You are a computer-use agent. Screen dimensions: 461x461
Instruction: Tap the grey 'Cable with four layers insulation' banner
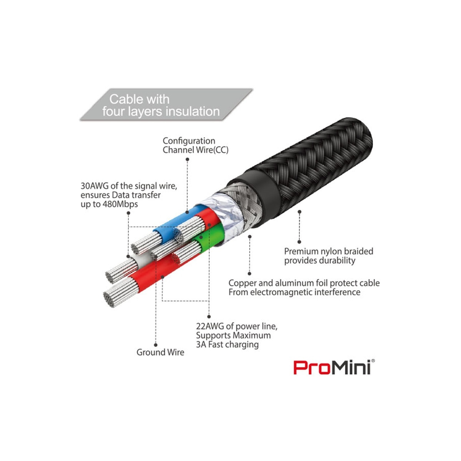(x=166, y=104)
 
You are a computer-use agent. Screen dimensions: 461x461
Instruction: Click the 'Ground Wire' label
(x=160, y=352)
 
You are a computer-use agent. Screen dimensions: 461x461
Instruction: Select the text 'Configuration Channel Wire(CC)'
(x=196, y=145)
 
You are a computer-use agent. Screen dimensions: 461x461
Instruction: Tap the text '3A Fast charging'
(x=227, y=345)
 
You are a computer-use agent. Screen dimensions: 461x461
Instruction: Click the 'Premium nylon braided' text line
(x=328, y=251)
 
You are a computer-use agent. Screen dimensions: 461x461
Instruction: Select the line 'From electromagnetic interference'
(x=294, y=292)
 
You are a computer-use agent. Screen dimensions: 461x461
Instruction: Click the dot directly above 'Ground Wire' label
(x=156, y=345)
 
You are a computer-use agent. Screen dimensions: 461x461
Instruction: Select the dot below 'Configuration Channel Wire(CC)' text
(x=187, y=159)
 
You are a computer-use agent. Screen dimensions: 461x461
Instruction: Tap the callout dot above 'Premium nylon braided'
(x=299, y=242)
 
